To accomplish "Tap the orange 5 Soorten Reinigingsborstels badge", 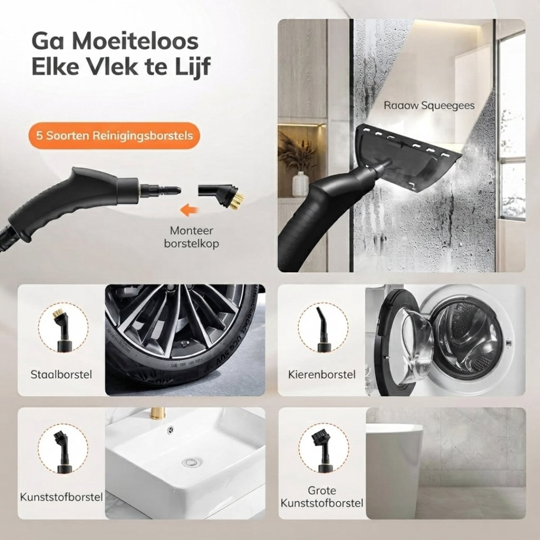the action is (114, 135).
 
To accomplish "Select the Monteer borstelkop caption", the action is (191, 237).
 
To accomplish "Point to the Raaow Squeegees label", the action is (429, 106).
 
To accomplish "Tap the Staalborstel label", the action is (61, 374).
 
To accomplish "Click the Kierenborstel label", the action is (322, 374).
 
